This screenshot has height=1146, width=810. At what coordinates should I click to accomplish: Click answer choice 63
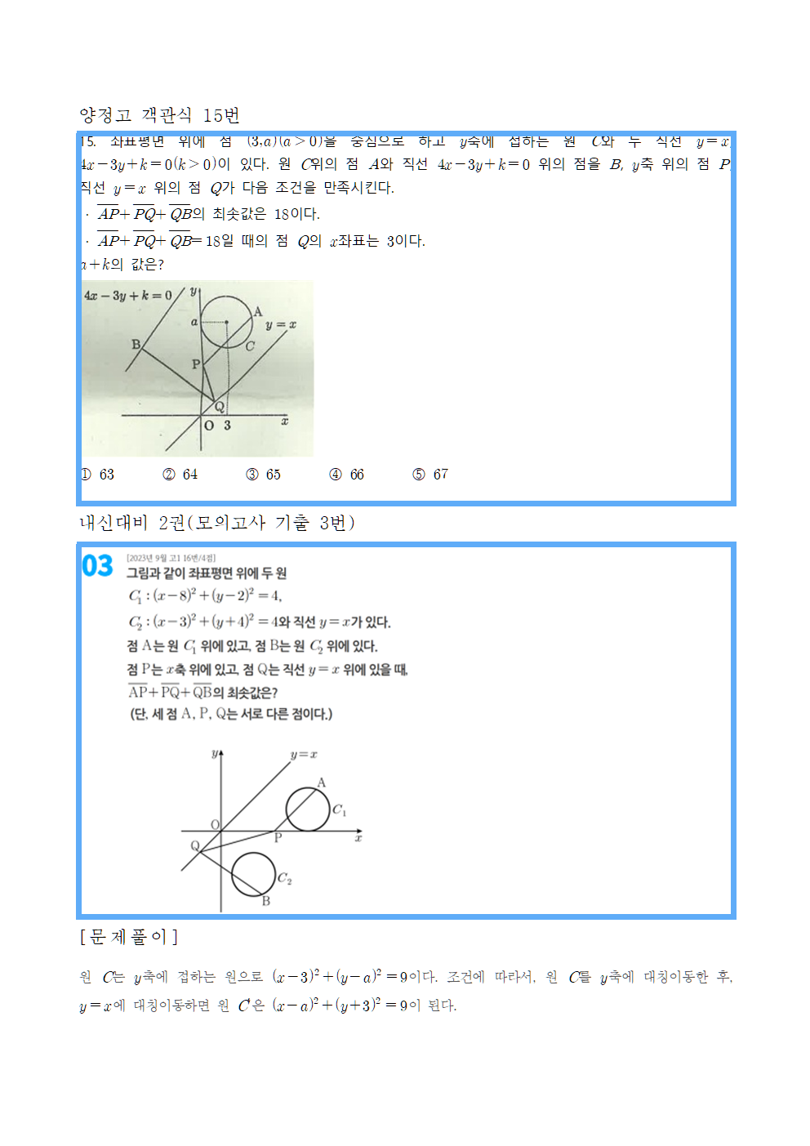click(106, 475)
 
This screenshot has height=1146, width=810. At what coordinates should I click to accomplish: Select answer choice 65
click(273, 475)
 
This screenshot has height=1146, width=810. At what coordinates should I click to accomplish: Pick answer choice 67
click(440, 475)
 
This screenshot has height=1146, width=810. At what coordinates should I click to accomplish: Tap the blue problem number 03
click(97, 566)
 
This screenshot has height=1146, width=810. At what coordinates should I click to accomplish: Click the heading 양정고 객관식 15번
click(159, 115)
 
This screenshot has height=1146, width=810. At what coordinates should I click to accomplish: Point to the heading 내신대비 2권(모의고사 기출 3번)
click(216, 523)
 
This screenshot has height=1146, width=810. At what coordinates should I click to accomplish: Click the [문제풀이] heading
click(128, 937)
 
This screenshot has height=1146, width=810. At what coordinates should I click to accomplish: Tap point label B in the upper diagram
click(136, 345)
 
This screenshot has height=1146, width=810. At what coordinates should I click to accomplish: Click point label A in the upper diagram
click(258, 311)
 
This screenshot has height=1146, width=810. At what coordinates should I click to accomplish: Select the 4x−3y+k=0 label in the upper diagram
click(127, 296)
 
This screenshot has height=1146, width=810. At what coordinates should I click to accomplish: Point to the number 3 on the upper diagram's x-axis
click(227, 426)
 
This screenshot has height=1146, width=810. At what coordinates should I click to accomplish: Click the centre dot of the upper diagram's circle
click(226, 322)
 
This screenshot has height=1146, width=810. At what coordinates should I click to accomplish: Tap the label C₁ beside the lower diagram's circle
click(339, 810)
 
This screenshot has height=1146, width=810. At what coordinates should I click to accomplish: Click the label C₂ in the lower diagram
click(284, 878)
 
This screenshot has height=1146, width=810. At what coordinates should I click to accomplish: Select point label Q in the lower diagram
click(195, 845)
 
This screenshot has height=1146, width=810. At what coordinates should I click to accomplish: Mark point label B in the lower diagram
click(265, 901)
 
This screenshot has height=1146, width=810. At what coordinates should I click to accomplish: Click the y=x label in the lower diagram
click(304, 755)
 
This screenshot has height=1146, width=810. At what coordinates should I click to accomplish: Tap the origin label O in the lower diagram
click(215, 825)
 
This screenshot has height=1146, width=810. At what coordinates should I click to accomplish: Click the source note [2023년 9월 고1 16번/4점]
click(171, 558)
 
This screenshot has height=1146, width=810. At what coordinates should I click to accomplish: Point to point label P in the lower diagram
click(278, 838)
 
